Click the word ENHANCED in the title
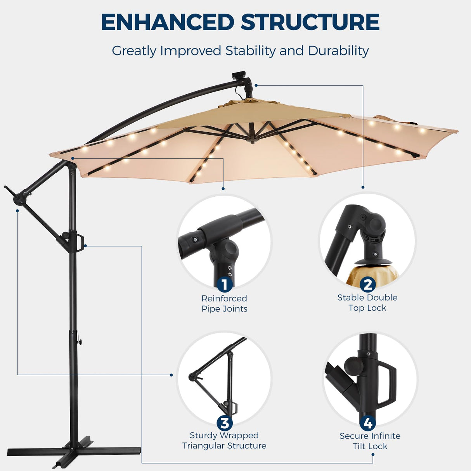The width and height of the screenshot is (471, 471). tap(168, 22)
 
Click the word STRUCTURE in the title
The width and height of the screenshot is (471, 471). tap(310, 22)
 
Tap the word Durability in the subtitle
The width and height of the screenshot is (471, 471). tap(338, 51)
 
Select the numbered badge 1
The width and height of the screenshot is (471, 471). tap(224, 284)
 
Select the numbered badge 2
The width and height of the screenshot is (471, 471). tap(367, 284)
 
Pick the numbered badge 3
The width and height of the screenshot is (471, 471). tap(224, 423)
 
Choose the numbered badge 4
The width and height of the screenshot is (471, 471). tap(367, 423)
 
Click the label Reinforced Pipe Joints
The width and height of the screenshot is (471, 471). tap(224, 303)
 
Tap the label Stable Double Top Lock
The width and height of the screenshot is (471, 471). tap(367, 303)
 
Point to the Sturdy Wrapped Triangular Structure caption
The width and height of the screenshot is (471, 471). tap(224, 440)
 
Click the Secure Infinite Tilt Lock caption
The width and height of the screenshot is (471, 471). tap(370, 441)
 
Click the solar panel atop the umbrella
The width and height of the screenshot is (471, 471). tap(238, 75)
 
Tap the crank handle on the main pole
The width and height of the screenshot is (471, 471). tap(81, 241)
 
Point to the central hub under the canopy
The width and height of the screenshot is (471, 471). tap(253, 139)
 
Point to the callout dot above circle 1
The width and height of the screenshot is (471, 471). tap(223, 189)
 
